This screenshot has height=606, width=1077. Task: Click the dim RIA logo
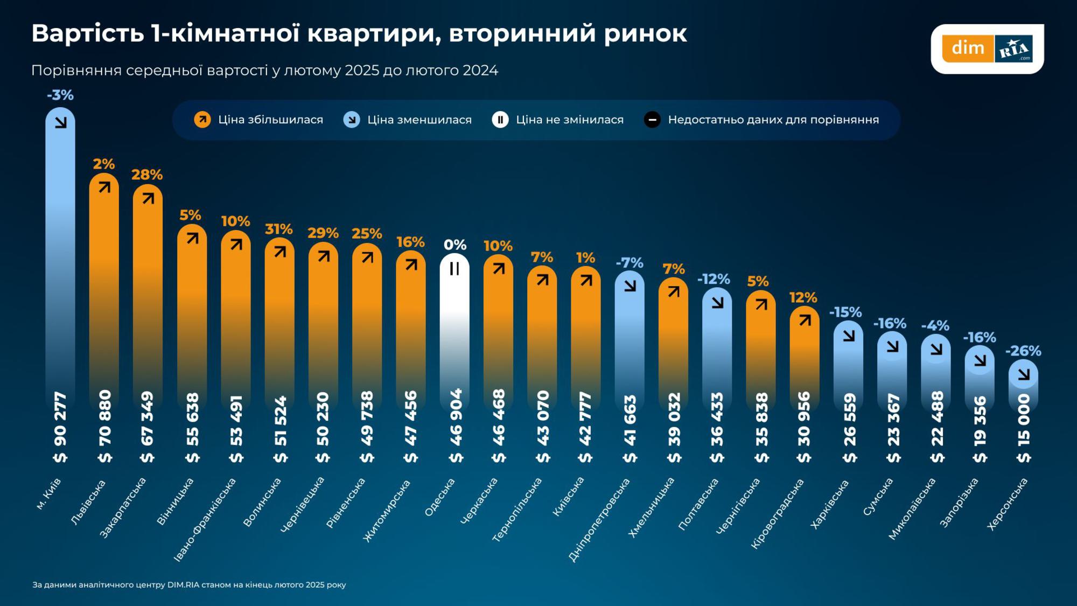[x=987, y=48]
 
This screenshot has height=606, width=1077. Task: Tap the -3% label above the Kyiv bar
[x=60, y=95]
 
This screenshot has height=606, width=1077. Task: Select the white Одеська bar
[x=454, y=334]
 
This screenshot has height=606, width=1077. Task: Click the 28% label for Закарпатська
[x=146, y=175]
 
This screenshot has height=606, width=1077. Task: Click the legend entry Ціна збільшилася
[x=259, y=120]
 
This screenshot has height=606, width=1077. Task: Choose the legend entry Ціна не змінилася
[x=558, y=120]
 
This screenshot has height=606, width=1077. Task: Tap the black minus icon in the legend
[x=652, y=120]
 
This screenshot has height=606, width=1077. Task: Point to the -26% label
[x=1023, y=351]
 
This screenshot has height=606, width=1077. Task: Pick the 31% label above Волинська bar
[x=278, y=229]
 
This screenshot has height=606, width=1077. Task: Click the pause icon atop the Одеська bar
[x=454, y=268]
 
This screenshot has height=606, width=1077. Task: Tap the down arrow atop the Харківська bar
[x=849, y=336]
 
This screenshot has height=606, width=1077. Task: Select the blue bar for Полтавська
[x=717, y=350]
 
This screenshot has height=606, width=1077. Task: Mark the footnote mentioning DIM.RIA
[x=189, y=584]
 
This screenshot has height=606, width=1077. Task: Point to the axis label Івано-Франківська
[x=205, y=520]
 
